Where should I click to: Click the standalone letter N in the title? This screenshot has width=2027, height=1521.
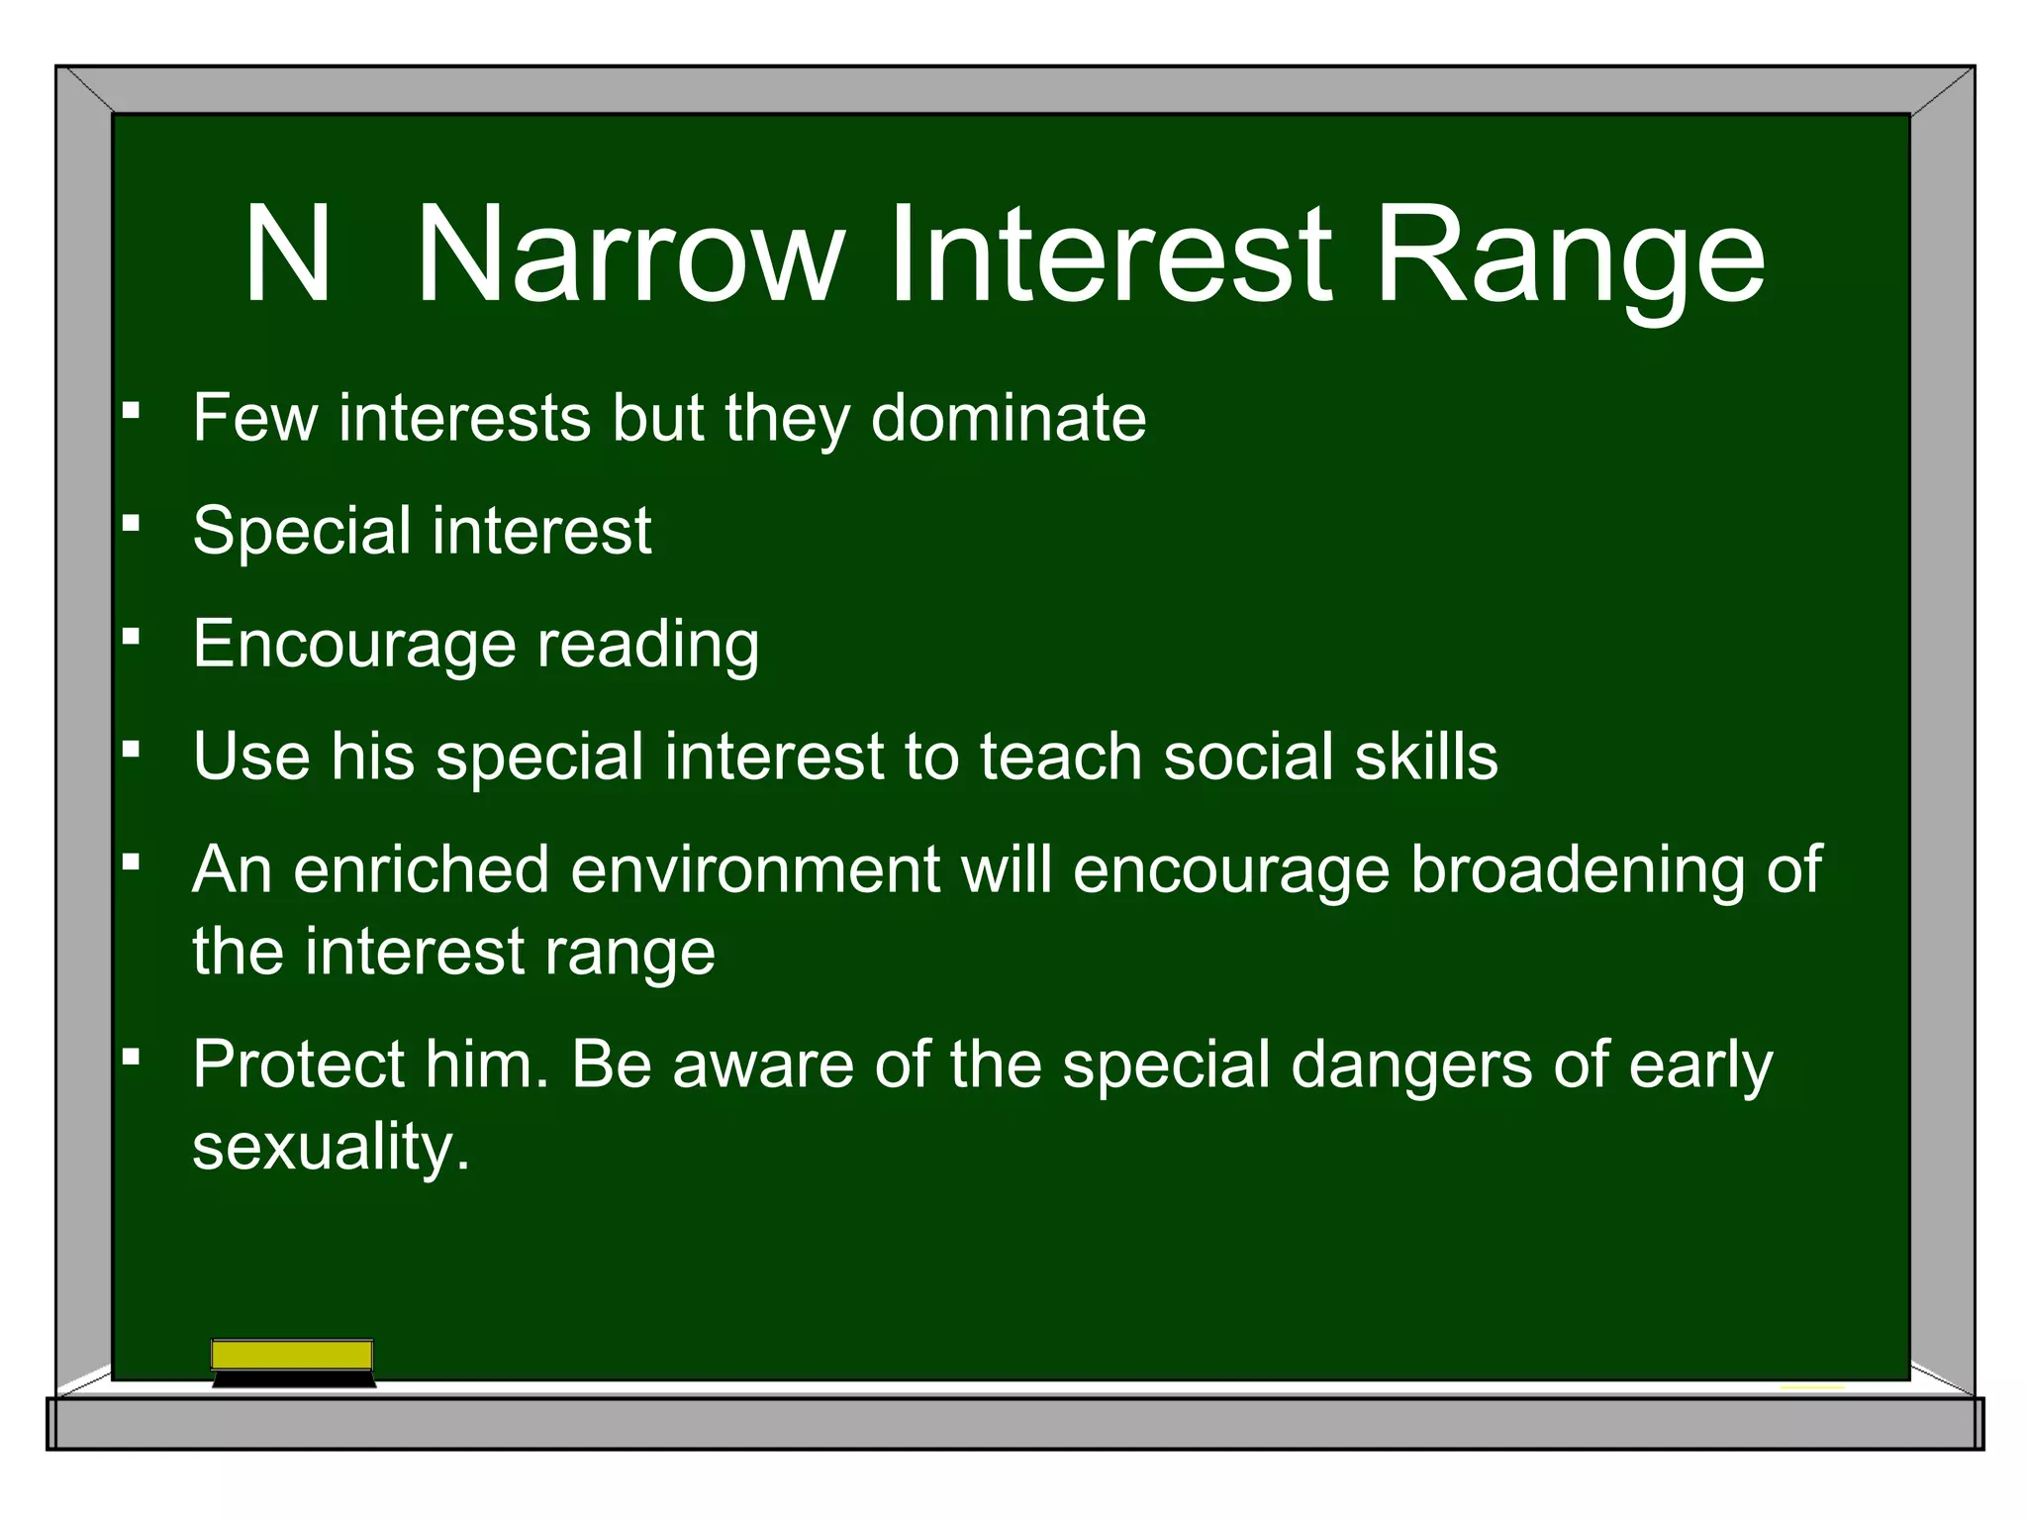pyautogui.click(x=287, y=254)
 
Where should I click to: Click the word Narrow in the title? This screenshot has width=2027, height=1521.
pyautogui.click(x=629, y=254)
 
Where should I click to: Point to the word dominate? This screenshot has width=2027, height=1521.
pyautogui.click(x=1008, y=417)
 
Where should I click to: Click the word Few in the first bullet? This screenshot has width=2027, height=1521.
pyautogui.click(x=254, y=417)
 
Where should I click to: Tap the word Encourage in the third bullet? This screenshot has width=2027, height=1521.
pyautogui.click(x=353, y=645)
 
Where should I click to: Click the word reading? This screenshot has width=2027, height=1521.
pyautogui.click(x=648, y=645)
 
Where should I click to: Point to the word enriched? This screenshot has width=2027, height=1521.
pyautogui.click(x=421, y=869)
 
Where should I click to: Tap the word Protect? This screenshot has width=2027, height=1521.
pyautogui.click(x=298, y=1065)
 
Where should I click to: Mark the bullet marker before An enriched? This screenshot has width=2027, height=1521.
pyautogui.click(x=131, y=861)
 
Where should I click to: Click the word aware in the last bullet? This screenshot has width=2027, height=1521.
pyautogui.click(x=762, y=1065)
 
